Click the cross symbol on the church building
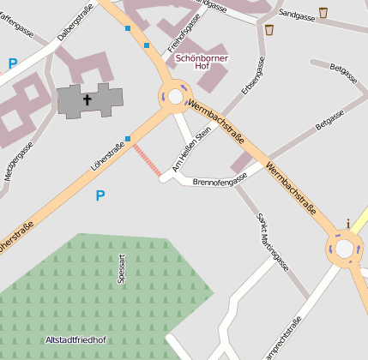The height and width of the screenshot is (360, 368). tap(87, 100)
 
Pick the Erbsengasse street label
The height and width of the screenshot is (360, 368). tap(252, 78)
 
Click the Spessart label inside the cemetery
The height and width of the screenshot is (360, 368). tap(122, 268)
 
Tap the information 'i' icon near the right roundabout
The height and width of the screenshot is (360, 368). tap(347, 224)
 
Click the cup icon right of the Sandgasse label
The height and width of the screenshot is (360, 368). tap(323, 12)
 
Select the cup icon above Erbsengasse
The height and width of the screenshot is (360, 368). tap(269, 30)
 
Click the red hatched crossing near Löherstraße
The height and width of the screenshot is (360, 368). tap(147, 160)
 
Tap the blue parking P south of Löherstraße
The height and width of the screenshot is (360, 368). tap(100, 196)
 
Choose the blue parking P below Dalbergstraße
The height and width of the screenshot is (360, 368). tap(12, 63)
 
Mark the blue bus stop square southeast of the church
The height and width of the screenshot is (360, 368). tap(128, 139)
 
